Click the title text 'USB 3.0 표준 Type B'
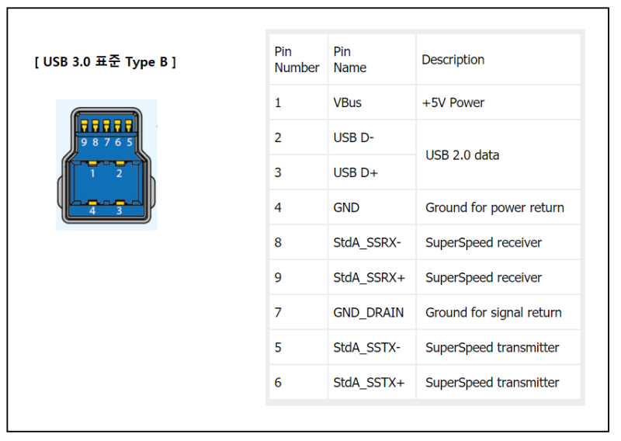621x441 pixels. coord(106,62)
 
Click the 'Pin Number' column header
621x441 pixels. coord(297,60)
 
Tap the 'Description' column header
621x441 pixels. coord(453,60)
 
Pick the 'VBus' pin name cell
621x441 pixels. coord(347,102)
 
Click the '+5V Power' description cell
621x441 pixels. coord(453,102)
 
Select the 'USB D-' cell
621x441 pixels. coord(353,137)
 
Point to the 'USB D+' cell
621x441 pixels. coord(355,172)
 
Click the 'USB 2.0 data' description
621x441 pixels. coord(462,155)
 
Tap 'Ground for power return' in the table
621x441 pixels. coord(494,207)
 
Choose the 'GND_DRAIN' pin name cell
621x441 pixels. coord(368,312)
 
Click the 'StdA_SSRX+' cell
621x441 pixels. coord(368,277)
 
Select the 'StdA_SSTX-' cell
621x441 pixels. coord(366,347)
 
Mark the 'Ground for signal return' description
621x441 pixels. coord(493,312)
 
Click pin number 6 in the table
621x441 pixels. coord(278,382)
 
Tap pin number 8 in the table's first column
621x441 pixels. coord(278,242)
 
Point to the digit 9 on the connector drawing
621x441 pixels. coord(84,142)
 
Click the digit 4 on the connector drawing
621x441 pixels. coord(92,210)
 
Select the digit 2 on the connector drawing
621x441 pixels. coord(119,174)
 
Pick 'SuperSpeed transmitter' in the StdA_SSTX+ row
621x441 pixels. coord(492,382)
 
